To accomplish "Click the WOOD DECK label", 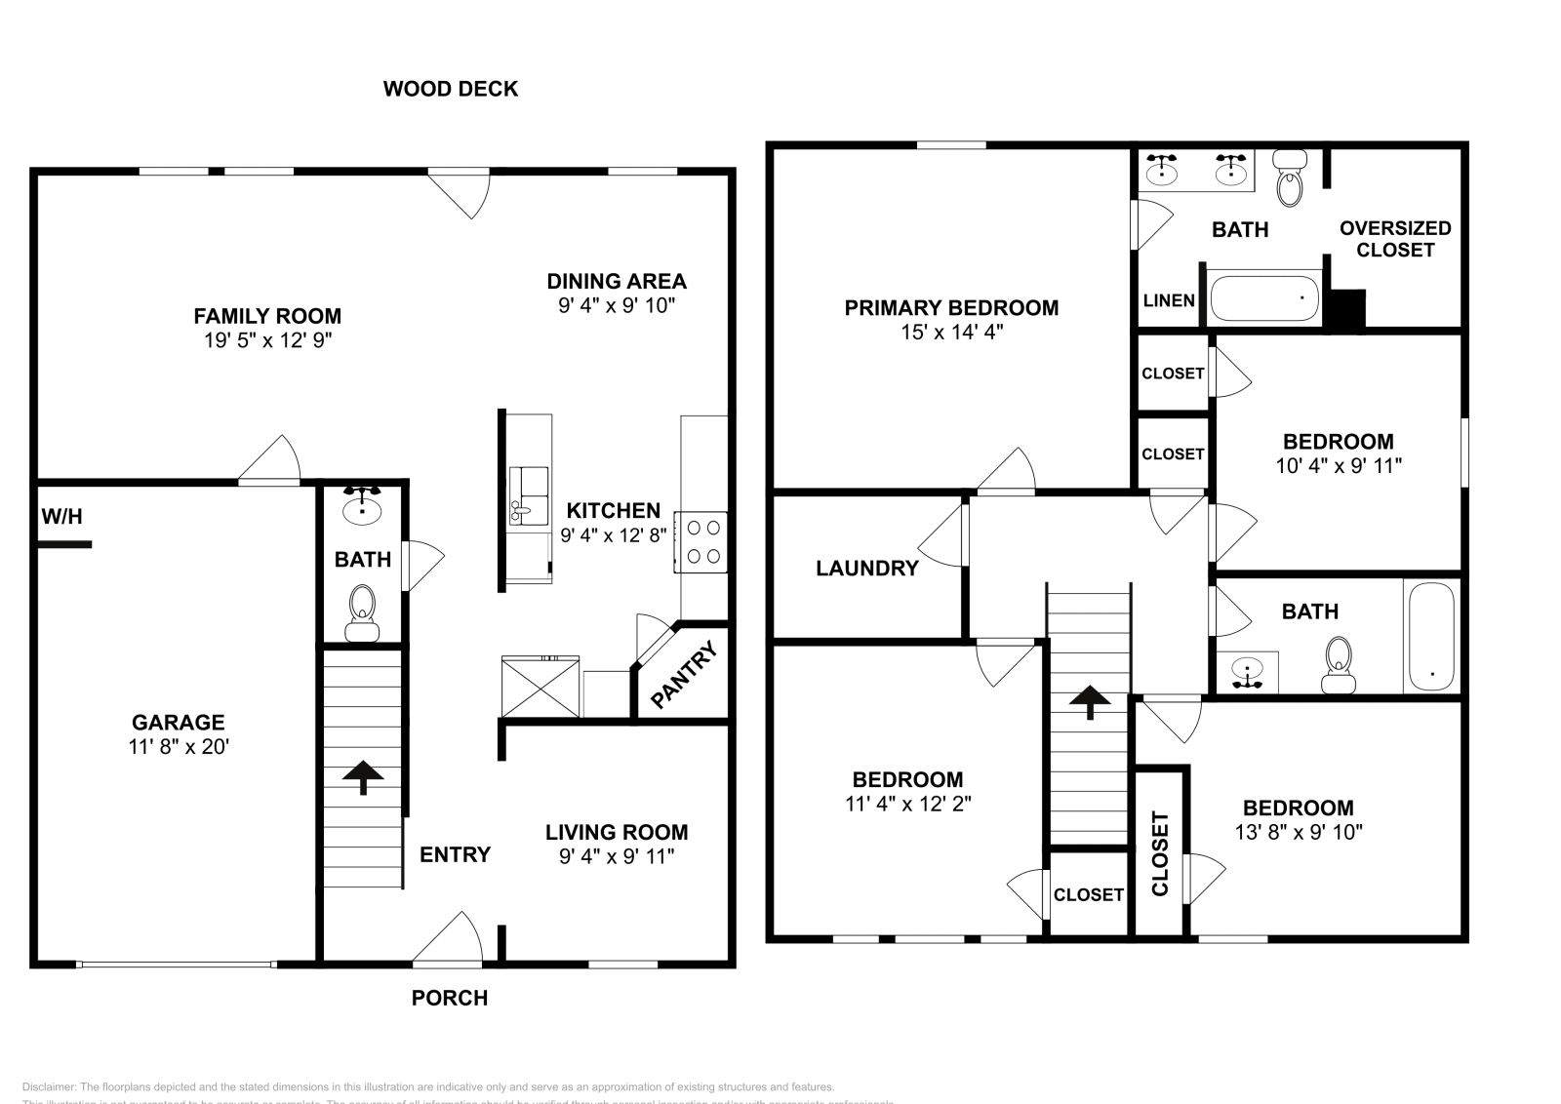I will pyautogui.click(x=450, y=89).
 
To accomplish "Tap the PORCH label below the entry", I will pyautogui.click(x=449, y=998).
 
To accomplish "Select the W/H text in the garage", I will pyautogui.click(x=61, y=517).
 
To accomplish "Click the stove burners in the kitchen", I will pyautogui.click(x=703, y=541).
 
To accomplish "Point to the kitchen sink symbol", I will pyautogui.click(x=528, y=496).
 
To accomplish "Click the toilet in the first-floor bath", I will pyautogui.click(x=363, y=611).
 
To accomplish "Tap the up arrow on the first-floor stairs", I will pyautogui.click(x=363, y=775).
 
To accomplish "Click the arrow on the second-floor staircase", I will pyautogui.click(x=1089, y=700).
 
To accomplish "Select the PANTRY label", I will pyautogui.click(x=684, y=673).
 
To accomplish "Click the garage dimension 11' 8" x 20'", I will pyautogui.click(x=179, y=747).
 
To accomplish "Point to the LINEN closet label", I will pyautogui.click(x=1169, y=299).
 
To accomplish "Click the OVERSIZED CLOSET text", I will pyautogui.click(x=1395, y=239).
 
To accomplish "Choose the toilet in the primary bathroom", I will pyautogui.click(x=1290, y=179).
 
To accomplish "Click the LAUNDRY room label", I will pyautogui.click(x=867, y=568).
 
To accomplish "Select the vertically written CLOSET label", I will pyautogui.click(x=1160, y=852).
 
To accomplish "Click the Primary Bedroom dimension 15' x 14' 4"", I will pyautogui.click(x=951, y=332).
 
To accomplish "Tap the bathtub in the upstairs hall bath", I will pyautogui.click(x=1431, y=637).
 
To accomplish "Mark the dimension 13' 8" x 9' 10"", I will pyautogui.click(x=1298, y=832).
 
